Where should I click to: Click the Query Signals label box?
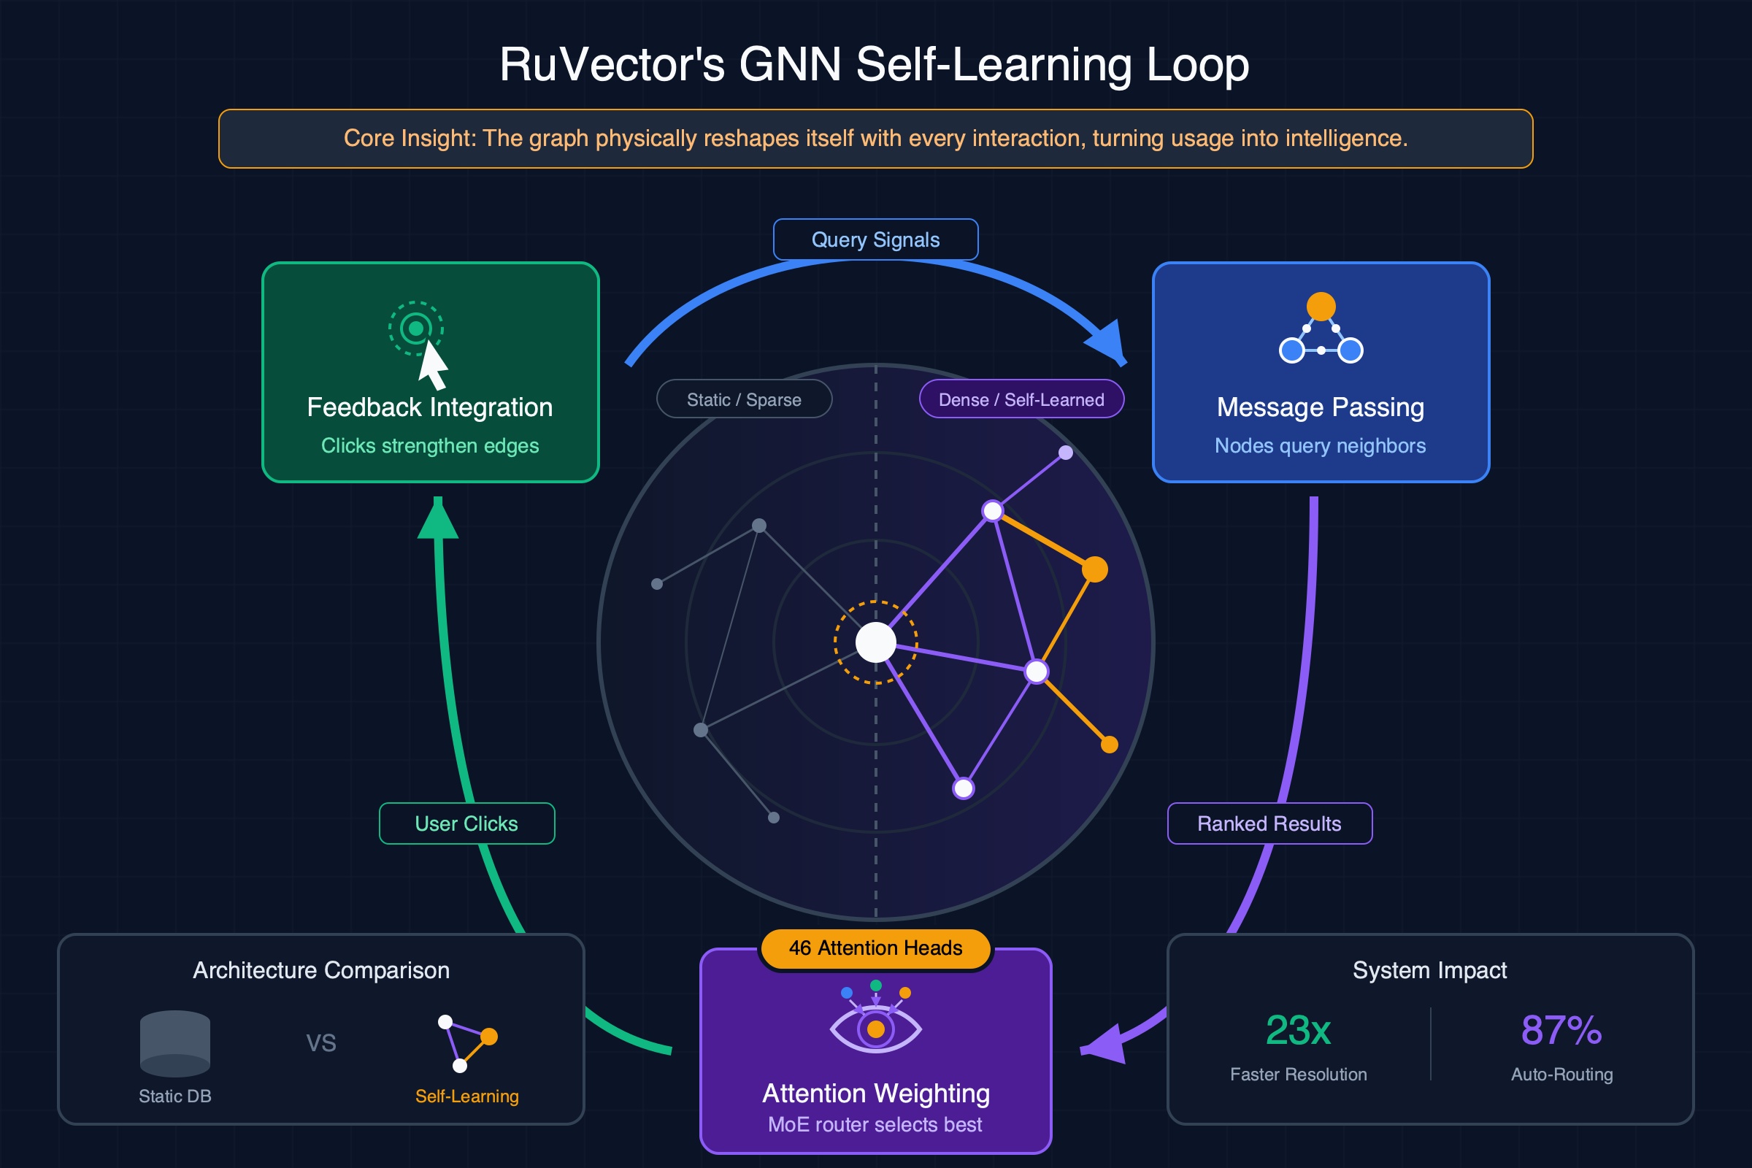point(875,240)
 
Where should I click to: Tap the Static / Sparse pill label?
point(743,399)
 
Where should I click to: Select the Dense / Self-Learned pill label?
point(1021,399)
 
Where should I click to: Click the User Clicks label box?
point(466,823)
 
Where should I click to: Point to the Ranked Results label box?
point(1269,823)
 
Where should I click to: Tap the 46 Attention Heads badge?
point(875,948)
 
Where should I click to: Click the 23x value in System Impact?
point(1298,1030)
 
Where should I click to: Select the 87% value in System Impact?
point(1561,1030)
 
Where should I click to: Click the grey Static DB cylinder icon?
point(175,1043)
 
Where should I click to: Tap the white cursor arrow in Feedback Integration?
point(432,365)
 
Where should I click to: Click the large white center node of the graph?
point(875,642)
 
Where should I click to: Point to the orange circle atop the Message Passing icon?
point(1321,306)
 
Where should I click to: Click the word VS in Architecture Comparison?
point(321,1043)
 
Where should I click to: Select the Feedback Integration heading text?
point(430,407)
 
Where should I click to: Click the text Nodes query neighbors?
point(1320,445)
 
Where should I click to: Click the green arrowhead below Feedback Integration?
point(438,519)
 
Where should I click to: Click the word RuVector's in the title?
point(612,65)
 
